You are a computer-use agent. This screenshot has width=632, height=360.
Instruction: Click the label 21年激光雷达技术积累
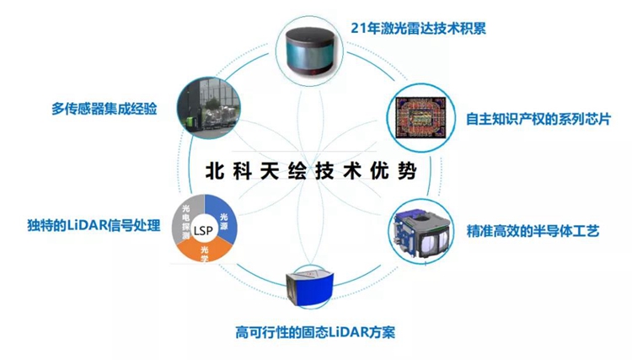[418, 28]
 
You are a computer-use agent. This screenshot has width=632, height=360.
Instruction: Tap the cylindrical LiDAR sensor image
[310, 51]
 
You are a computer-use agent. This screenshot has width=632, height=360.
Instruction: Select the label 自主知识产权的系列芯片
[538, 120]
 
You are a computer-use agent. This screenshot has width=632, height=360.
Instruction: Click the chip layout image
[420, 117]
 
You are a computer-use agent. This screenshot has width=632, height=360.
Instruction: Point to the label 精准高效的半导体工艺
[533, 231]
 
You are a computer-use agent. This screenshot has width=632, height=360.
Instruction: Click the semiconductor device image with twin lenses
[421, 233]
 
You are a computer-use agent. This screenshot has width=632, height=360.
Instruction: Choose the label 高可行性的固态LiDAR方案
[315, 332]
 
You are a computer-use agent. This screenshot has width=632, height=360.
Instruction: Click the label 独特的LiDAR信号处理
[94, 225]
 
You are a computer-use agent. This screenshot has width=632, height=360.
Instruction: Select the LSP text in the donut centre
[203, 231]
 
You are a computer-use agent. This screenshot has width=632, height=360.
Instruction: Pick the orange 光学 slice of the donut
[205, 251]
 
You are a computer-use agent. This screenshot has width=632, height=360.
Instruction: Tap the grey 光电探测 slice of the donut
[186, 221]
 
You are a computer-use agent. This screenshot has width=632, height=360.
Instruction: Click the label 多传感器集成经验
[104, 109]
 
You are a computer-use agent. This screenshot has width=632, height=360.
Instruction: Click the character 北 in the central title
[215, 171]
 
